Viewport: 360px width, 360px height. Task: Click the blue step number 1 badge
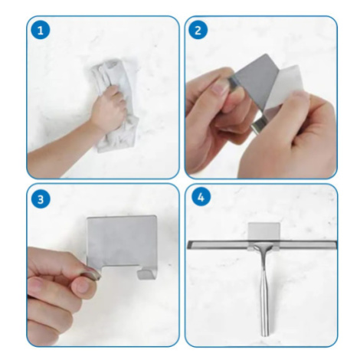click(x=41, y=30)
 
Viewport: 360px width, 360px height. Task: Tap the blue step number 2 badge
click(x=198, y=30)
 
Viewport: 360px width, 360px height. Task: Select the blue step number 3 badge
click(x=41, y=198)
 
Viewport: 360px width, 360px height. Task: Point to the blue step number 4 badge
click(x=201, y=197)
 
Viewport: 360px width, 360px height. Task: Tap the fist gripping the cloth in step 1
click(x=110, y=108)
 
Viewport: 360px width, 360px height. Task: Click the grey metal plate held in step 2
click(x=255, y=82)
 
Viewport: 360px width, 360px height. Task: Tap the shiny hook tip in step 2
click(x=258, y=126)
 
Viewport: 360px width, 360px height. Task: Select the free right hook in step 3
click(x=145, y=274)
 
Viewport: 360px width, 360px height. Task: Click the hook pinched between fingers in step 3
click(x=91, y=274)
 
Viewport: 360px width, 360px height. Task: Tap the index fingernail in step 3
click(x=83, y=286)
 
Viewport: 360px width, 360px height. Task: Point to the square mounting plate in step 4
click(x=264, y=231)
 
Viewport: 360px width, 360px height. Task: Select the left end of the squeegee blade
click(x=188, y=245)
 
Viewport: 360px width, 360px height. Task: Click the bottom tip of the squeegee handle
click(x=265, y=335)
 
